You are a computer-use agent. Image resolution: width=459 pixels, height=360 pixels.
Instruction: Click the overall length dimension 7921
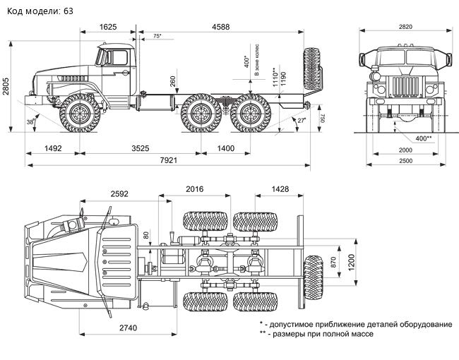pyautogui.click(x=168, y=161)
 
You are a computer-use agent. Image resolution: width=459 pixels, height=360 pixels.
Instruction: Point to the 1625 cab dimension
pyautogui.click(x=108, y=27)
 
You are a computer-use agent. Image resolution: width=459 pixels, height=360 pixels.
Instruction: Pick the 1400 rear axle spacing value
pyautogui.click(x=225, y=149)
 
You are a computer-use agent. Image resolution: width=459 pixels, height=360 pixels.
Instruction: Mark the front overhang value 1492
pyautogui.click(x=53, y=149)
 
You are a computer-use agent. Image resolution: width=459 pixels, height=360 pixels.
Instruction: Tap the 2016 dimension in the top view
pyautogui.click(x=194, y=189)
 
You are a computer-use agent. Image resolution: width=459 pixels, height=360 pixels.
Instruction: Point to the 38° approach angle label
pyautogui.click(x=30, y=121)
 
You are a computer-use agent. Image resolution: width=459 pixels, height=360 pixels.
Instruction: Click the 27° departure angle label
pyautogui.click(x=302, y=121)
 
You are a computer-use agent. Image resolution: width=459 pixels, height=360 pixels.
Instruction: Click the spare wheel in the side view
pyautogui.click(x=311, y=74)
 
